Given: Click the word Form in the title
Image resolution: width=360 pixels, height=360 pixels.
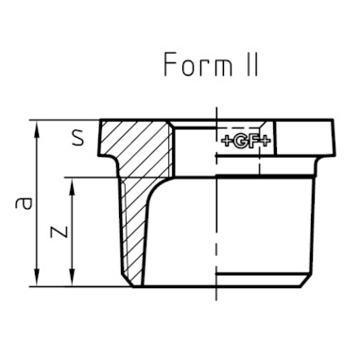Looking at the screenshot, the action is click(197, 64).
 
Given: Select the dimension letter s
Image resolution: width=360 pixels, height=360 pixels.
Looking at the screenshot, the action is click(77, 138).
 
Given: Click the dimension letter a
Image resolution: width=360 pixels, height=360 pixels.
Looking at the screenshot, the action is click(24, 203).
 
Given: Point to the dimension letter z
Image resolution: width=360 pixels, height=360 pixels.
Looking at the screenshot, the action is click(60, 231).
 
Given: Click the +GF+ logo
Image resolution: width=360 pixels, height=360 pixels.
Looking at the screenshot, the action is click(247, 142).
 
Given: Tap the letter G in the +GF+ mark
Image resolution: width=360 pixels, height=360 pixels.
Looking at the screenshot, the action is click(239, 142).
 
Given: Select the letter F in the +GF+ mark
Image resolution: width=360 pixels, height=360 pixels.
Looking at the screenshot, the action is click(252, 142).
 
